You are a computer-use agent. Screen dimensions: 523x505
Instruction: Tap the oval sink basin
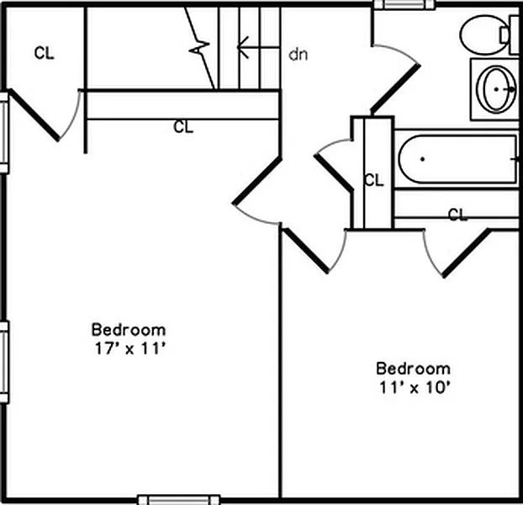(495, 88)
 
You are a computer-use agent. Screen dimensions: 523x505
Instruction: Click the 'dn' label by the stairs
(298, 55)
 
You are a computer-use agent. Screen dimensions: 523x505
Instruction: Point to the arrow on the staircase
(258, 47)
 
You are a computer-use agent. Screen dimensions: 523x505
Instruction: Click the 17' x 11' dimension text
(130, 348)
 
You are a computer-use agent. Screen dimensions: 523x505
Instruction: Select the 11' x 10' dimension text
(415, 387)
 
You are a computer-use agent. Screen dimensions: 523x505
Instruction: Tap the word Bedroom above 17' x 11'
(129, 330)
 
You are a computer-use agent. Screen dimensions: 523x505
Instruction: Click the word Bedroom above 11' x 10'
(413, 369)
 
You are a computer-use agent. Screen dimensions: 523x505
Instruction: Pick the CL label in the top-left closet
(44, 53)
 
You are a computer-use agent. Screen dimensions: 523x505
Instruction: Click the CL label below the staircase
(183, 127)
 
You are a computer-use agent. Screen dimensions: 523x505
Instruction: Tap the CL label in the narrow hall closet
(374, 180)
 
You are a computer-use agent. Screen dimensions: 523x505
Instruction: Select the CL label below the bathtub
(458, 215)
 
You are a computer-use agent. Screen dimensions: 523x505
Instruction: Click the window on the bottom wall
(179, 500)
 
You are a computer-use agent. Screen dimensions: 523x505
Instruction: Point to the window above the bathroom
(404, 4)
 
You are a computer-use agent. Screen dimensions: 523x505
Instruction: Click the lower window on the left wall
(4, 362)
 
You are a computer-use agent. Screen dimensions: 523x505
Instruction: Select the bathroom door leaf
(395, 88)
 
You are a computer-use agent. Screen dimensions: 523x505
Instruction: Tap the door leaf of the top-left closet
(34, 114)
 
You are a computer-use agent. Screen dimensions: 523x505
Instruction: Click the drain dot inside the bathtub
(422, 159)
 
